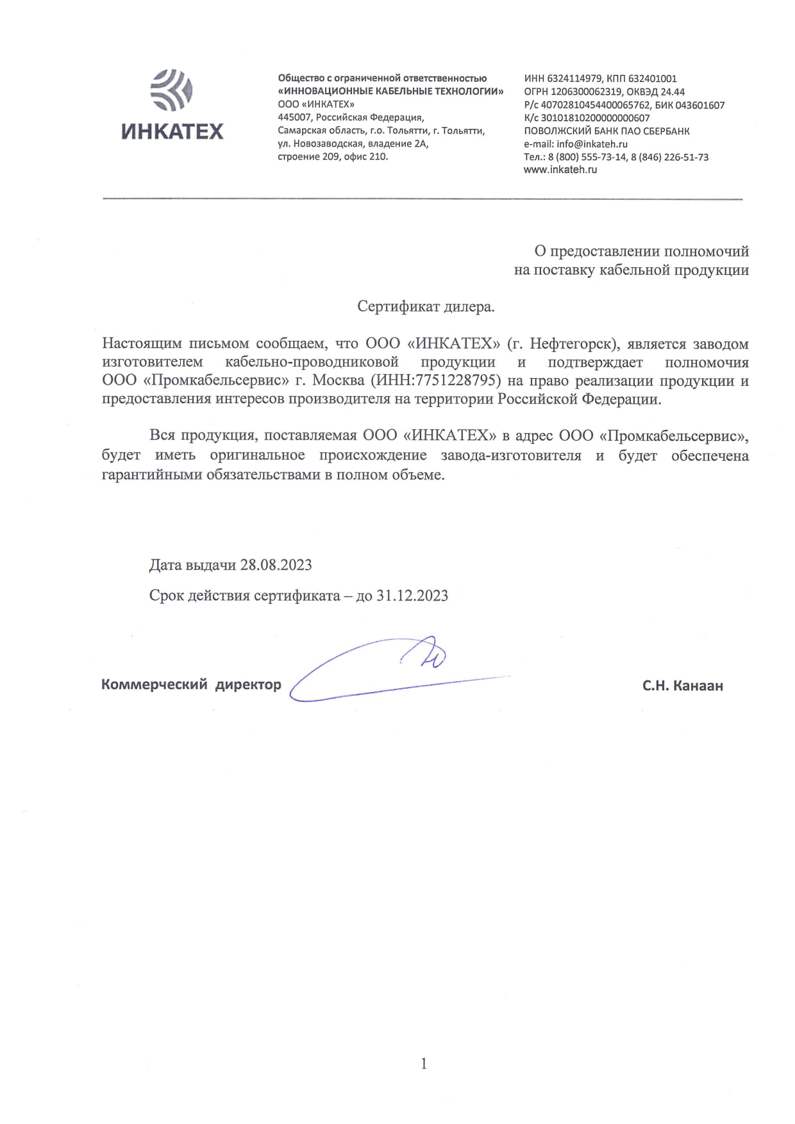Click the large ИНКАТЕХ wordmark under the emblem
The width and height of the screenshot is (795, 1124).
coord(172,131)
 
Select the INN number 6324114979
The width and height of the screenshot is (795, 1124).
coord(574,79)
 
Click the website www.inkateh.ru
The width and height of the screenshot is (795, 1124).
coord(560,170)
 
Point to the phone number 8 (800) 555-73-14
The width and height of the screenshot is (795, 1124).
coord(587,157)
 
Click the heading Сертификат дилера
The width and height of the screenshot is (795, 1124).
coord(426,307)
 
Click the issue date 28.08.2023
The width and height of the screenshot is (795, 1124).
coord(276,565)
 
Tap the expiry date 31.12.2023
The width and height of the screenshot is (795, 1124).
coord(412,596)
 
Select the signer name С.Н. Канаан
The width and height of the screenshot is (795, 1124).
coord(682,686)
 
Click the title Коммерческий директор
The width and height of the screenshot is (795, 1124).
coord(191,684)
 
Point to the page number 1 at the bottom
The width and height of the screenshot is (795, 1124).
coord(423,1064)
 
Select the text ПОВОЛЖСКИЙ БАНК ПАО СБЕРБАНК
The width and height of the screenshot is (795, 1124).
coord(607,131)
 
